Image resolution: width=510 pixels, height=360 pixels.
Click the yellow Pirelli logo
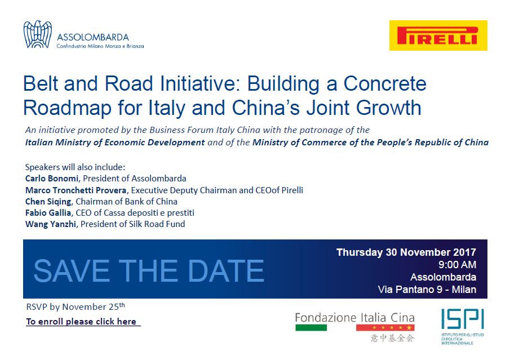(438, 35)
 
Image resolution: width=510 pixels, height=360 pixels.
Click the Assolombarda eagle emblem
(38, 34)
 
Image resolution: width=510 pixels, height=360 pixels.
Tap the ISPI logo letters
(463, 319)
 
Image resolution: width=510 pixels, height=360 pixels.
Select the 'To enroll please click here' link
(81, 321)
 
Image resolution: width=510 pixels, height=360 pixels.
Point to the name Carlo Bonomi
(52, 178)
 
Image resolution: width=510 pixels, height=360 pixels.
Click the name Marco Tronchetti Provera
(76, 190)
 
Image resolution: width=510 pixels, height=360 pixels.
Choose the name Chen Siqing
(48, 202)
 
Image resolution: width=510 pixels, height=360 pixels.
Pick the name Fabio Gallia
(48, 213)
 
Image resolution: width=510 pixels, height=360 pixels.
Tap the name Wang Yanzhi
(51, 224)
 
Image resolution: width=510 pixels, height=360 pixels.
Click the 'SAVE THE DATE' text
(149, 270)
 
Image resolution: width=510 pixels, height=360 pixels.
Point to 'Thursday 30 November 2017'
(406, 252)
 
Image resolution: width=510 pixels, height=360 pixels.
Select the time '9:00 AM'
(457, 265)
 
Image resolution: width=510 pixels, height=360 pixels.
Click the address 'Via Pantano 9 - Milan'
(427, 289)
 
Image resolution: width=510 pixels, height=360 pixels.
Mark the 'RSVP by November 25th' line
(76, 306)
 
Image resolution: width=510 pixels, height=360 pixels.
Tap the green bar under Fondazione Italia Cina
(311, 328)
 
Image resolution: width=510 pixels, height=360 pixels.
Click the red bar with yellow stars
(385, 327)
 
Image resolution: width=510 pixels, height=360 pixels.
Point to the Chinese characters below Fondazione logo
(392, 338)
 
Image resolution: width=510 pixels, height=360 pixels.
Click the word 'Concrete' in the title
(385, 83)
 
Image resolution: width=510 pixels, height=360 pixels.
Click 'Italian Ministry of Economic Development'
(115, 143)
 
